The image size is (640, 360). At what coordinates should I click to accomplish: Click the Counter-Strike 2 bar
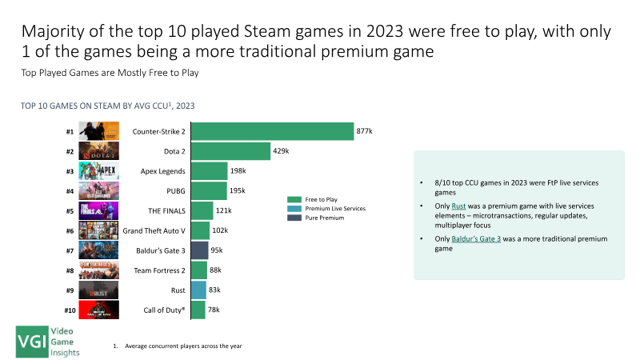pyautogui.click(x=272, y=131)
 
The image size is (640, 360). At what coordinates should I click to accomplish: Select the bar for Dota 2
pyautogui.click(x=230, y=151)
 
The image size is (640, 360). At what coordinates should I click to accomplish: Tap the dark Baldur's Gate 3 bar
pyautogui.click(x=199, y=250)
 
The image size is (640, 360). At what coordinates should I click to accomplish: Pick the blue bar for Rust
pyautogui.click(x=198, y=290)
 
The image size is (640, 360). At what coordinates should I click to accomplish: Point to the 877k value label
pyautogui.click(x=366, y=131)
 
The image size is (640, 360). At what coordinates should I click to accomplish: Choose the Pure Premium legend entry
pyautogui.click(x=323, y=218)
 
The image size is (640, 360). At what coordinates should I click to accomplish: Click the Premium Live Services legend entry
pyautogui.click(x=331, y=208)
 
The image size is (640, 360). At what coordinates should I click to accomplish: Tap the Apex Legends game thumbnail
pyautogui.click(x=99, y=171)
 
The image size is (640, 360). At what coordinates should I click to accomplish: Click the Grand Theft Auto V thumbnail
pyautogui.click(x=99, y=230)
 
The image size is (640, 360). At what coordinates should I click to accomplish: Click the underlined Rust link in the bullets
pyautogui.click(x=470, y=206)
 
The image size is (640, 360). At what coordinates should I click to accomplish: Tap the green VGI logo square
pyautogui.click(x=33, y=342)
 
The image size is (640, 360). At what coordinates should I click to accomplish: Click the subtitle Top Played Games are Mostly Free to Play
pyautogui.click(x=110, y=73)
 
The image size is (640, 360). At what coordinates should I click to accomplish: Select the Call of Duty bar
pyautogui.click(x=198, y=310)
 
